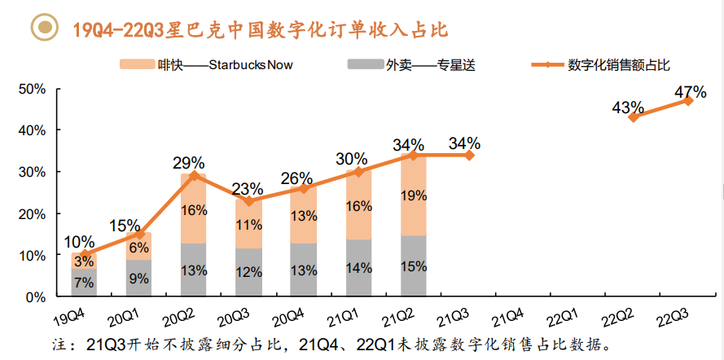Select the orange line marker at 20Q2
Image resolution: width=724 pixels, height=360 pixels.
click(194, 175)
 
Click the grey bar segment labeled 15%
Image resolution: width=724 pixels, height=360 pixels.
click(414, 266)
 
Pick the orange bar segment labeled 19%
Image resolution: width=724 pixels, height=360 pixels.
click(414, 195)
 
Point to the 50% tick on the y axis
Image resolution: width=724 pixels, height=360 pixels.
click(30, 89)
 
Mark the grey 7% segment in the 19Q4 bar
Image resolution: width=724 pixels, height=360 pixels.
click(83, 283)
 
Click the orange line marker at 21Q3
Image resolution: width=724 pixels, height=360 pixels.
click(469, 155)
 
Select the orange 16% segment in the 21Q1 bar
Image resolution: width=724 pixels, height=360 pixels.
click(358, 205)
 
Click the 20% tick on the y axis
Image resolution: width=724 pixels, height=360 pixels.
click(30, 213)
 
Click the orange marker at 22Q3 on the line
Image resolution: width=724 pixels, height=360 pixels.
click(688, 100)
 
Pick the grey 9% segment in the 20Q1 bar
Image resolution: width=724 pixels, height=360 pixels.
click(138, 278)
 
